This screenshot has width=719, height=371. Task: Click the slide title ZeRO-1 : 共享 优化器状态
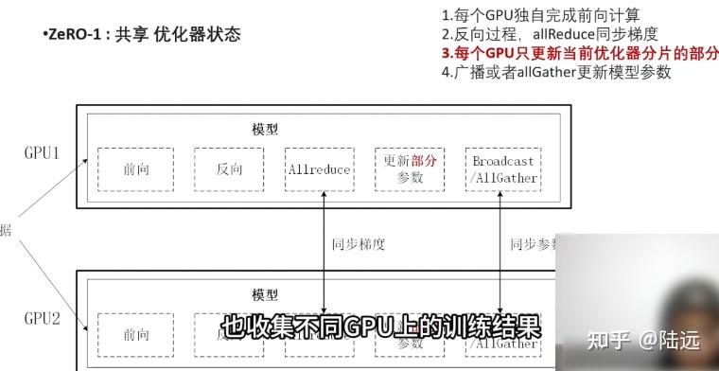[x=142, y=35]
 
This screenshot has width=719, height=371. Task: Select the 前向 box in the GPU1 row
[x=135, y=170]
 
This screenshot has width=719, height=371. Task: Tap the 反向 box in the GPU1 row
[x=228, y=170]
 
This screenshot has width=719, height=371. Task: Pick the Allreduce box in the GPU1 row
[x=319, y=170]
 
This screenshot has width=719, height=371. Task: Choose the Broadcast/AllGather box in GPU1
[x=504, y=168]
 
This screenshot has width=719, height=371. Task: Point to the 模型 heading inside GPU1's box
[x=265, y=130]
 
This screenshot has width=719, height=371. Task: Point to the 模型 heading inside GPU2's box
[x=265, y=295]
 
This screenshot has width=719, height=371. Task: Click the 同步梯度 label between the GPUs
[x=359, y=244]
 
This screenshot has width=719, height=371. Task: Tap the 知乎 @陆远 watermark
[x=641, y=338]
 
